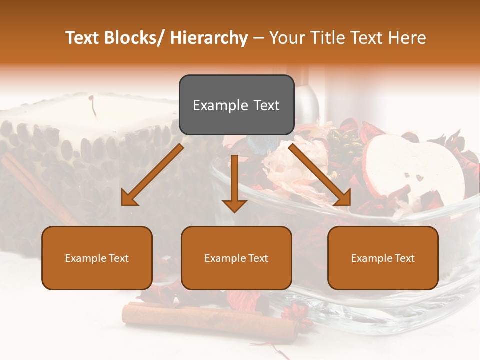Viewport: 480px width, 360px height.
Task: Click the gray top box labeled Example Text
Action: click(236, 105)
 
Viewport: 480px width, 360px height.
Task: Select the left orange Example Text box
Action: click(97, 258)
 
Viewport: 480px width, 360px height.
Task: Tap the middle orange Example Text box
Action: click(236, 258)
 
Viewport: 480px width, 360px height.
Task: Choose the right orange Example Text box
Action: click(383, 258)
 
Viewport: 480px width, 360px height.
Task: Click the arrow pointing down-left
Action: click(152, 175)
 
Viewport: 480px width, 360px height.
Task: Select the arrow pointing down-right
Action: click(320, 175)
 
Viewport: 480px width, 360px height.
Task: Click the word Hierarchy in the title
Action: click(209, 38)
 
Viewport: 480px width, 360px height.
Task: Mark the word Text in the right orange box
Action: click(404, 258)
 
